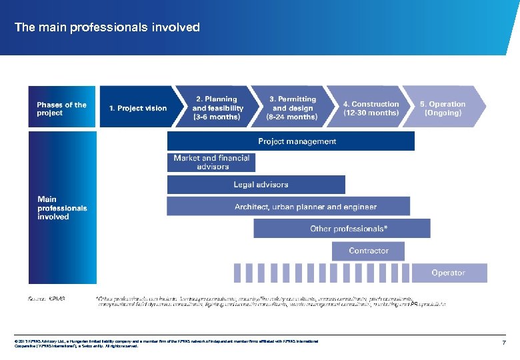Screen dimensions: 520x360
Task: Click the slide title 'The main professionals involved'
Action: pyautogui.click(x=107, y=27)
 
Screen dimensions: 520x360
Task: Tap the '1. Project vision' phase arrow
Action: pyautogui.click(x=137, y=107)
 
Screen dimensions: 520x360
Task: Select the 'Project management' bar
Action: pyautogui.click(x=291, y=141)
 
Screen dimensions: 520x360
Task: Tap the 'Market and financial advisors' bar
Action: pyautogui.click(x=211, y=162)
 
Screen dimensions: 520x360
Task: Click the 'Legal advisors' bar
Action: pyautogui.click(x=256, y=185)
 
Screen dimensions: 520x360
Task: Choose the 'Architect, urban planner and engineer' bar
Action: pyautogui.click(x=288, y=207)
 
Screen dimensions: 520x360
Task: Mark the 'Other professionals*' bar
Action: pyautogui.click(x=341, y=229)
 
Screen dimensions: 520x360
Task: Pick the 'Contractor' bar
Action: pyautogui.click(x=368, y=251)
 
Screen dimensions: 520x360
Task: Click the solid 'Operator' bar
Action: pyautogui.click(x=449, y=273)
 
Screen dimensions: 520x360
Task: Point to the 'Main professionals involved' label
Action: pyautogui.click(x=61, y=207)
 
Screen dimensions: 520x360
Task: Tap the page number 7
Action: pyautogui.click(x=505, y=343)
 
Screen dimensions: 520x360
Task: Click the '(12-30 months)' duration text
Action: pyautogui.click(x=371, y=113)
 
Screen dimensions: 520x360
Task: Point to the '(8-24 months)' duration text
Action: pyautogui.click(x=292, y=117)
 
